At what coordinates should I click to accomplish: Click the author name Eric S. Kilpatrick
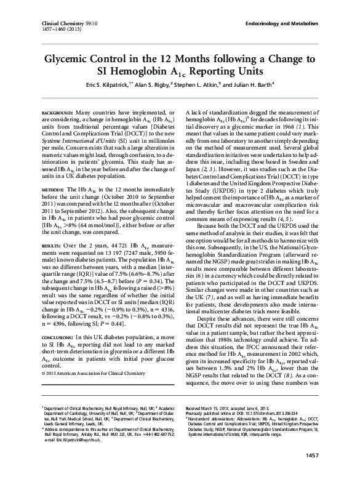(x=107, y=84)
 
